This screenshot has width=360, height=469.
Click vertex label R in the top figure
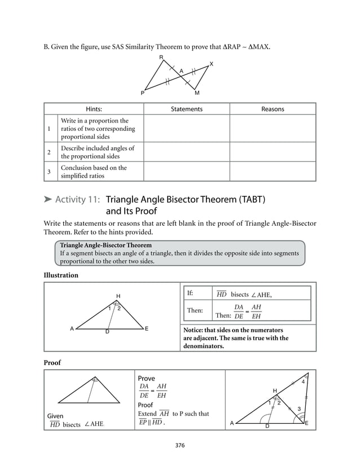click(x=161, y=58)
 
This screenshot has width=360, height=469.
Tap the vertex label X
click(x=211, y=64)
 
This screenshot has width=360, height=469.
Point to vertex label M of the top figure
click(x=197, y=93)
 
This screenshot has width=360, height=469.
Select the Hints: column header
click(x=94, y=109)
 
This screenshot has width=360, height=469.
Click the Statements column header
click(x=186, y=109)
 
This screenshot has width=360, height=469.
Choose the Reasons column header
click(x=273, y=109)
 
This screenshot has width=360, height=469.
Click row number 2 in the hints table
click(x=50, y=152)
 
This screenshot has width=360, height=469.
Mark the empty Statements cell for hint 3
click(x=186, y=172)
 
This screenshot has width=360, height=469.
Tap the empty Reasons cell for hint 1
click(x=273, y=128)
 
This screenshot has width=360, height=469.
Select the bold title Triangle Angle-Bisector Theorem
click(x=106, y=246)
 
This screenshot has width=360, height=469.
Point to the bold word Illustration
click(x=61, y=275)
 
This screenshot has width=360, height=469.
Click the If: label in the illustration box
click(x=190, y=293)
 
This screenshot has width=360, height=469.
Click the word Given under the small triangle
click(x=55, y=416)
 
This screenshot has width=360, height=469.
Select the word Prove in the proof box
click(x=146, y=378)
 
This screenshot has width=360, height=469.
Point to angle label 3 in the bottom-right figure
click(x=298, y=409)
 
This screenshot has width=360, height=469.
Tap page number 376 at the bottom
click(x=180, y=445)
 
